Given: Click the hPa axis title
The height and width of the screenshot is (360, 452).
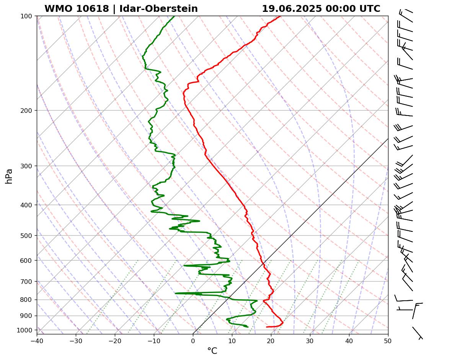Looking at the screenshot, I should pos(9,176).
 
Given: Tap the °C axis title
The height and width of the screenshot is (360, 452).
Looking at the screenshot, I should pos(212,351).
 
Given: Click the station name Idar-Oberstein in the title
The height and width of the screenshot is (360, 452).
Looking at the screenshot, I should pos(158,9).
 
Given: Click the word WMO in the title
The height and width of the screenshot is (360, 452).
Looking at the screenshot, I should pos(57,9).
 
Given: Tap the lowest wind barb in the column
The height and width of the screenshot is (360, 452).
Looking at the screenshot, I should pos(417,333).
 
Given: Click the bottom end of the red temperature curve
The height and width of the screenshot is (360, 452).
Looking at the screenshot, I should pos(267,327).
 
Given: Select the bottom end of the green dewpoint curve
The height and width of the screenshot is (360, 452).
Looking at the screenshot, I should pos(248,327).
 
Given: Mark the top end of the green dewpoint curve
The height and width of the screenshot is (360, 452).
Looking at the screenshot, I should pos(174,16).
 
